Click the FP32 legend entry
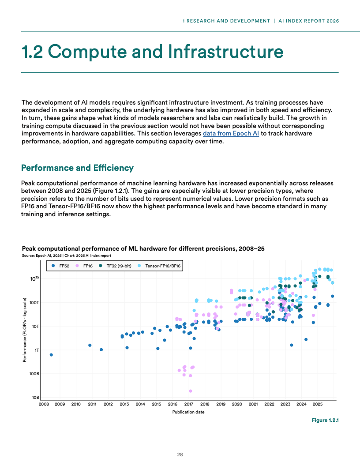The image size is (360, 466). pyautogui.click(x=60, y=266)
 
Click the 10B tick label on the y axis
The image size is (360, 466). pyautogui.click(x=35, y=398)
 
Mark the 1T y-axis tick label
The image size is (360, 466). pyautogui.click(x=37, y=350)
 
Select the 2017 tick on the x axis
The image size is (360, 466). pyautogui.click(x=188, y=404)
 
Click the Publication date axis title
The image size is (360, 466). pyautogui.click(x=188, y=412)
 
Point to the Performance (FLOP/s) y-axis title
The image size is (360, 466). pyautogui.click(x=24, y=330)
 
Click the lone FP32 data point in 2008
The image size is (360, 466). pyautogui.click(x=51, y=355)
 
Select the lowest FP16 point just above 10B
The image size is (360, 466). pyautogui.click(x=190, y=391)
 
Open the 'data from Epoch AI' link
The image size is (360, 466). pyautogui.click(x=231, y=133)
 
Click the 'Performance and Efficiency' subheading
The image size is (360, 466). pyautogui.click(x=77, y=168)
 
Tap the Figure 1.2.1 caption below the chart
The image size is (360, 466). pyautogui.click(x=325, y=420)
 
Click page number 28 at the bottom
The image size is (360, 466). pyautogui.click(x=180, y=454)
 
